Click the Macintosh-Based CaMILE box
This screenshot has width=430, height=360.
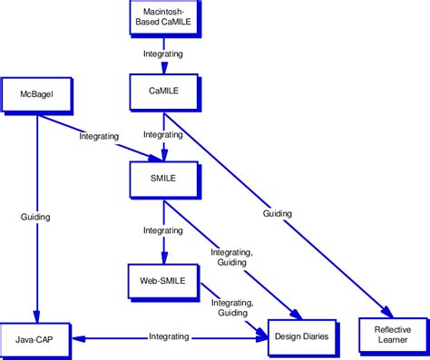(162, 18)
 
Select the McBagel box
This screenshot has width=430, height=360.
(36, 92)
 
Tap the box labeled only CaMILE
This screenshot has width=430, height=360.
(162, 92)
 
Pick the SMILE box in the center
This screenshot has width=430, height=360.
(162, 178)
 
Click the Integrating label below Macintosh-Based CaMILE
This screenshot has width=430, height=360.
(162, 54)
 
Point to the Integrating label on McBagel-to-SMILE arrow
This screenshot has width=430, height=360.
(99, 136)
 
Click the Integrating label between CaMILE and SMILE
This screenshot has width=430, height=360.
(164, 134)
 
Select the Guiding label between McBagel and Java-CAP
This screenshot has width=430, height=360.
(36, 218)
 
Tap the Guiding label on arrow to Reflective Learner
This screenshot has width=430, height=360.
(278, 214)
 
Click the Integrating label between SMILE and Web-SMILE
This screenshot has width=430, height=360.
(163, 231)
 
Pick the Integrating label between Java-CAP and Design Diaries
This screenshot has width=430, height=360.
(169, 336)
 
